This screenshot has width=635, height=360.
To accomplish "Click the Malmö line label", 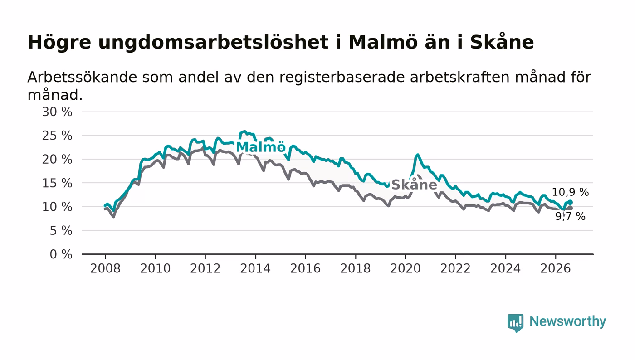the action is tap(260, 147).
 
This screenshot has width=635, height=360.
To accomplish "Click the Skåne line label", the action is tap(414, 185).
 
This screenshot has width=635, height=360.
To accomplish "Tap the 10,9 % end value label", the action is tap(570, 192).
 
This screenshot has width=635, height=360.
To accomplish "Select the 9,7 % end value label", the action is tap(570, 216).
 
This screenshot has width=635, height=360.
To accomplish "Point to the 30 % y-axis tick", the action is tap(57, 112).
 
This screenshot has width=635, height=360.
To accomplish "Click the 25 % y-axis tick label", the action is tap(57, 136).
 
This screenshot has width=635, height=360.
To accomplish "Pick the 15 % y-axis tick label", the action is tap(57, 184).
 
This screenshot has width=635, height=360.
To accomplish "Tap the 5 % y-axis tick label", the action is tap(61, 231).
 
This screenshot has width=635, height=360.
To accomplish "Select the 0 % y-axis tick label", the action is tap(61, 254).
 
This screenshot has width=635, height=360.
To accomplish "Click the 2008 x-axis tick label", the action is tap(105, 268).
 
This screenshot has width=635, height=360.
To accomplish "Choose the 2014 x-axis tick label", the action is tap(255, 268).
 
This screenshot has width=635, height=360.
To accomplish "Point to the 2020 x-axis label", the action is tap(405, 268).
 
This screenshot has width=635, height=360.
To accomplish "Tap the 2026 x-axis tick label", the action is tap(555, 268).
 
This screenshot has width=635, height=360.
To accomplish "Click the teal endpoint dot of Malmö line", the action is tap(571, 202).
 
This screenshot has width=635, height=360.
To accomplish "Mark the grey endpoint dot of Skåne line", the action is tap(571, 209).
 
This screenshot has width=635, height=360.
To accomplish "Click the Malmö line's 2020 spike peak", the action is tap(417, 155).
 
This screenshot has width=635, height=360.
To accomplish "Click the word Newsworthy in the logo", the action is tap(567, 322).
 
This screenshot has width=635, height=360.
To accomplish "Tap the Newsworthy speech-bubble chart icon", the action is tap(515, 323).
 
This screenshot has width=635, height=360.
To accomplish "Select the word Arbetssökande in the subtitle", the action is tap(82, 77).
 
